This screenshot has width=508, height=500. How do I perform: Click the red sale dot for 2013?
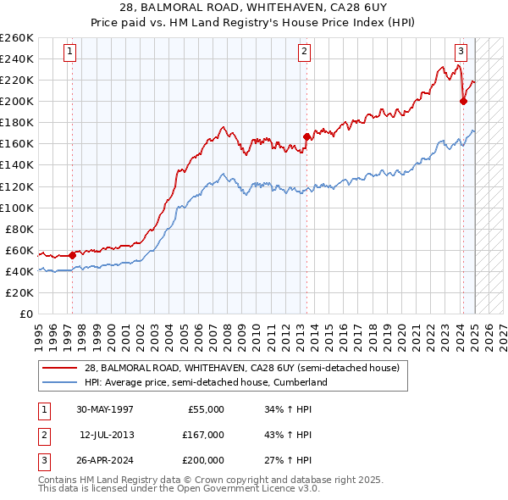(306, 136)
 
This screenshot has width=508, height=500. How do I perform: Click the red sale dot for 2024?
(463, 101)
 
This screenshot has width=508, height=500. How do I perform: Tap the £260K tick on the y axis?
(17, 38)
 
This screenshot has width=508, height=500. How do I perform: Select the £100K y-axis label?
(17, 208)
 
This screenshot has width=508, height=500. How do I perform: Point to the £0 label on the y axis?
(25, 314)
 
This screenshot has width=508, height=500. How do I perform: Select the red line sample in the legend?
(59, 368)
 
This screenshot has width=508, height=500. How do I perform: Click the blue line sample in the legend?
(59, 382)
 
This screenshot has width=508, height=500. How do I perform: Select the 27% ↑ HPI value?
(288, 460)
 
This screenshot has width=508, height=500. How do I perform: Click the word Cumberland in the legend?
(301, 382)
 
